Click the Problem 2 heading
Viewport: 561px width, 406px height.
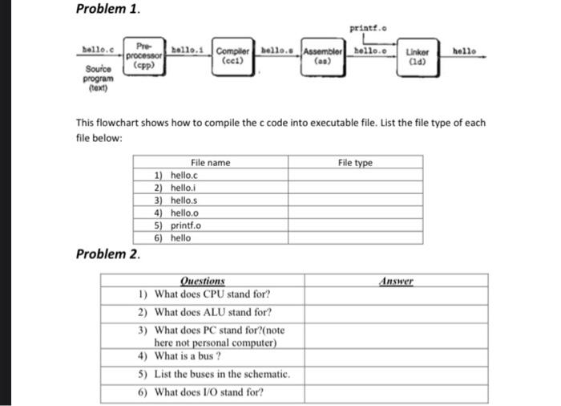(107, 254)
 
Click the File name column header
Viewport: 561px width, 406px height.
(209, 163)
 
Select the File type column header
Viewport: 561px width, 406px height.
(354, 163)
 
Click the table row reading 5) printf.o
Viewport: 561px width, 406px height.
(176, 225)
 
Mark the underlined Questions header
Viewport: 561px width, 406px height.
(203, 281)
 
